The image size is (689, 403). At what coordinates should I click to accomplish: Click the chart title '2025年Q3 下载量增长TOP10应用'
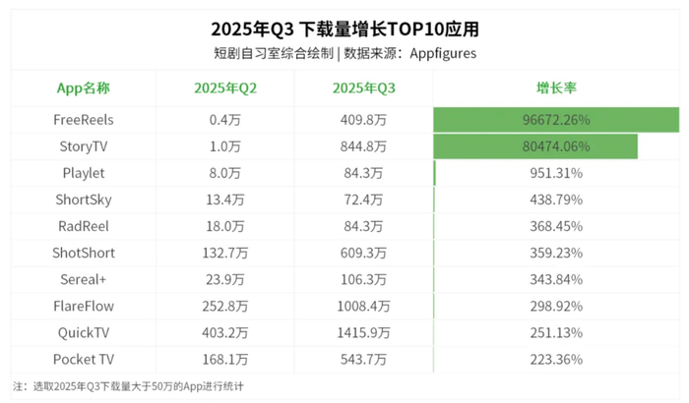click(344, 27)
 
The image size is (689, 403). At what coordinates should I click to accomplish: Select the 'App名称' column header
click(84, 87)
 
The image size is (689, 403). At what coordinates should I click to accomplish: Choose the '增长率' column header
click(556, 87)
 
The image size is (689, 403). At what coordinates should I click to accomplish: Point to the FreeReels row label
click(84, 120)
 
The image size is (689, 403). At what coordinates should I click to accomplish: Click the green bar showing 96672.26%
click(556, 120)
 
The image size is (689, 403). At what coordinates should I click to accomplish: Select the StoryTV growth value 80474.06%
click(556, 146)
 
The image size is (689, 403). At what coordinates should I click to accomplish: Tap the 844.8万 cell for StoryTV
click(363, 146)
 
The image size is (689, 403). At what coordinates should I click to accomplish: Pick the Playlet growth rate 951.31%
click(556, 173)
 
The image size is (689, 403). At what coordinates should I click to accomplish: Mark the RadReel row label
click(84, 226)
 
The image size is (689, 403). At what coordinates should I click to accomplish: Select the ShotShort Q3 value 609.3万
click(363, 253)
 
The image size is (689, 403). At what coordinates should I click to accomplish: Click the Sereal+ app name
click(84, 279)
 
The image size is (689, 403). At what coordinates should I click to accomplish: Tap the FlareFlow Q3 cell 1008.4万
click(363, 306)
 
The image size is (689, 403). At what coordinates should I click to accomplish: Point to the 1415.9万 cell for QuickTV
click(363, 332)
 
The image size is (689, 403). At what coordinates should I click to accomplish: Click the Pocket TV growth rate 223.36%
click(556, 359)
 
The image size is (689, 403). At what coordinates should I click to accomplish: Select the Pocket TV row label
click(84, 359)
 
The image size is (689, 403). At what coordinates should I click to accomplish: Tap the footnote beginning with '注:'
click(128, 386)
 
